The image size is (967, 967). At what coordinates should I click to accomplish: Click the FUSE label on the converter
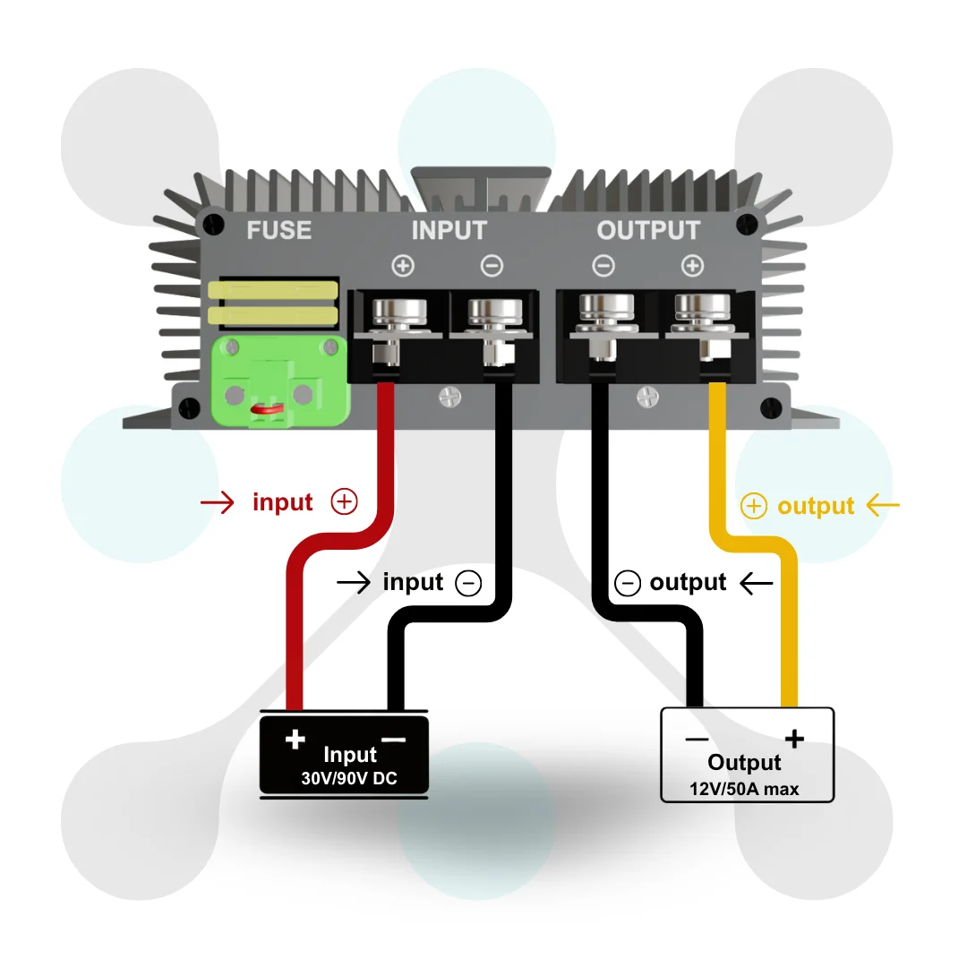pos(278,230)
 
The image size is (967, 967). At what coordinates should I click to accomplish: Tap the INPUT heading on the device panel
pos(449,230)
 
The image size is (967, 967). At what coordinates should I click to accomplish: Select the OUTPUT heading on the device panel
pos(648,230)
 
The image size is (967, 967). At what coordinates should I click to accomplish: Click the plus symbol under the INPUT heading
pos(403,266)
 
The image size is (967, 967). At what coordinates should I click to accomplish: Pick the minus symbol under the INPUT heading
pos(492,266)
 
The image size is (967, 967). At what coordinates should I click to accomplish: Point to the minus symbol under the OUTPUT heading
pos(603,266)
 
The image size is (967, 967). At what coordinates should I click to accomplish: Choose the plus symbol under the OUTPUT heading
pos(692,266)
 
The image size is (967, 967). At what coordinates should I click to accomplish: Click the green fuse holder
pos(280,381)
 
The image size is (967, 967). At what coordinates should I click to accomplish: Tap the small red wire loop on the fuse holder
pos(267,409)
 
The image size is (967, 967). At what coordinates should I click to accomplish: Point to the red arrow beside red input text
pos(218,502)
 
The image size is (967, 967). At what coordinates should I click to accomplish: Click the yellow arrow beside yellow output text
pos(883,505)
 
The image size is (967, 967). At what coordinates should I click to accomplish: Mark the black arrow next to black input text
pos(354,582)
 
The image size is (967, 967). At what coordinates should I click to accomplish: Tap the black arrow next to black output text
pos(756,583)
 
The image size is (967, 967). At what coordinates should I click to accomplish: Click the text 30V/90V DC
pos(349,778)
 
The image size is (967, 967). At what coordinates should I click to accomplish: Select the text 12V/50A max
pos(744,789)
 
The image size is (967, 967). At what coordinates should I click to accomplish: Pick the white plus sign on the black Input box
pos(295,739)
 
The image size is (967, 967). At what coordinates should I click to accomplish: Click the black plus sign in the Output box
pos(794,738)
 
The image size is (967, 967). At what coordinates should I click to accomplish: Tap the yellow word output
pos(816,506)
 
